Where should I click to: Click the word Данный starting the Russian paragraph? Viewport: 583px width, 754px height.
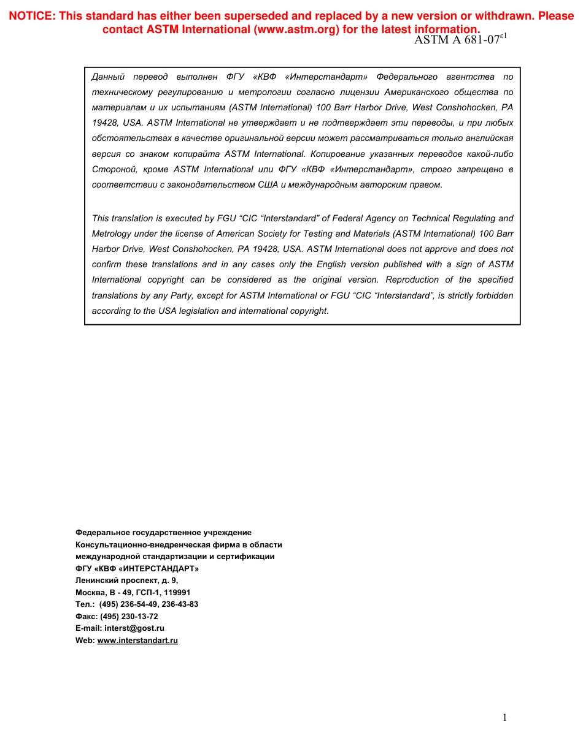108,77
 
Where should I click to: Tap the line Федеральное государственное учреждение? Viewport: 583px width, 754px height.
163,533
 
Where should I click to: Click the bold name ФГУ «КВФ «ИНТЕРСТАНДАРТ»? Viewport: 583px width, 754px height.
137,568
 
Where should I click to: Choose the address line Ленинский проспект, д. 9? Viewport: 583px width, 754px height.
126,580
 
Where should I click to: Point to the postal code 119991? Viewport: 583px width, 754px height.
178,592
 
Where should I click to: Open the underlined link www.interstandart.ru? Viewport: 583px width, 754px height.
137,640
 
